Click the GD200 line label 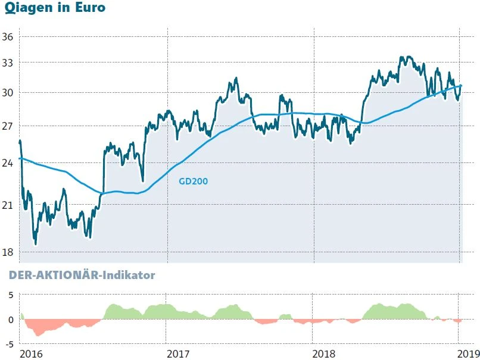(x=193, y=181)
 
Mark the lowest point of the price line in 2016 (x=36, y=244)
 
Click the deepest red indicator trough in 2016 (x=38, y=335)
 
